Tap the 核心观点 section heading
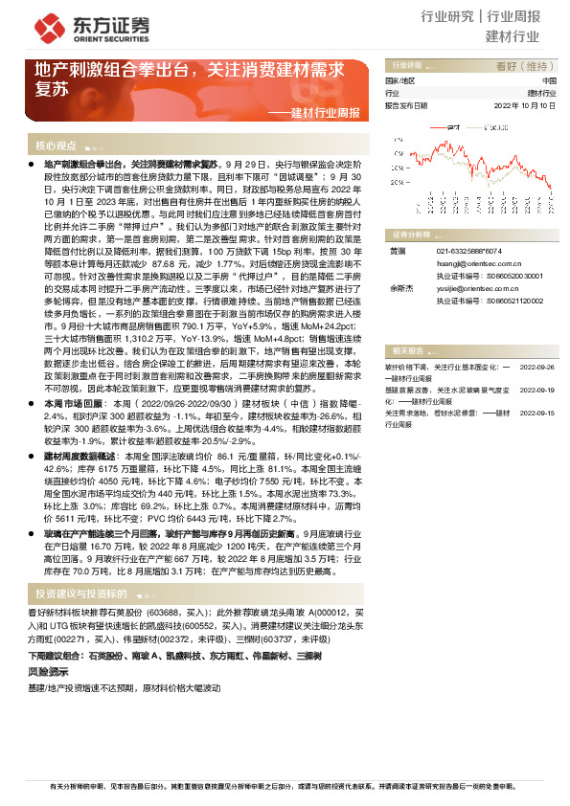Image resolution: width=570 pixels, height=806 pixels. (56, 146)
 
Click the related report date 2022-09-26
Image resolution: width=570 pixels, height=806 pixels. (537, 366)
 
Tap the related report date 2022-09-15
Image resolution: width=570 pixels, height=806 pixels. (537, 413)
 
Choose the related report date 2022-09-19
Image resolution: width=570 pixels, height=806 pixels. (537, 391)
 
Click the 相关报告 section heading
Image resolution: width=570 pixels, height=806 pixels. (401, 350)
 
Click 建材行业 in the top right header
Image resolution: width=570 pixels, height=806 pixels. (513, 37)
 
